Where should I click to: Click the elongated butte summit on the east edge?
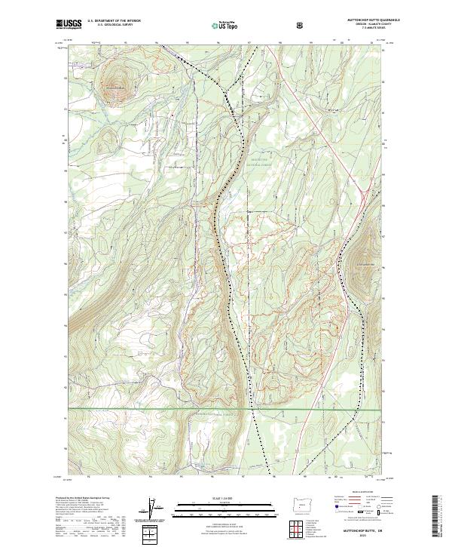(359, 260)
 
